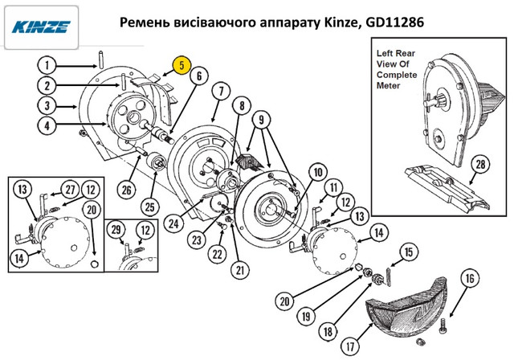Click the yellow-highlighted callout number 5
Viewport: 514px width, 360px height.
182,65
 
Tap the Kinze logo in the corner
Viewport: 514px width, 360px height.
41,27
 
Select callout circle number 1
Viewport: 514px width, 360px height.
47,65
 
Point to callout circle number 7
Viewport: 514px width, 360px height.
221,92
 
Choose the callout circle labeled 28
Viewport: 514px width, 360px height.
480,164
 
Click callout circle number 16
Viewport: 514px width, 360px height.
470,278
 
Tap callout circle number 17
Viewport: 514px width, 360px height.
350,346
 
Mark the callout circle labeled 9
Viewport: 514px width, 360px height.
261,120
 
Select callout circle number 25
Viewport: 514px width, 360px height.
150,207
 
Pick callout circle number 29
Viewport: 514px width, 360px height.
116,230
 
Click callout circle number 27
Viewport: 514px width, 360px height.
70,190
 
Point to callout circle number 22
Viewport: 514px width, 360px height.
218,254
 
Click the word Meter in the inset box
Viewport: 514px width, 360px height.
389,85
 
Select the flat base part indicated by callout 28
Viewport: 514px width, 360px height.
447,187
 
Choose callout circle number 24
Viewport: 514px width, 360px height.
173,224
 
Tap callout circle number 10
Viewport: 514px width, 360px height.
318,172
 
